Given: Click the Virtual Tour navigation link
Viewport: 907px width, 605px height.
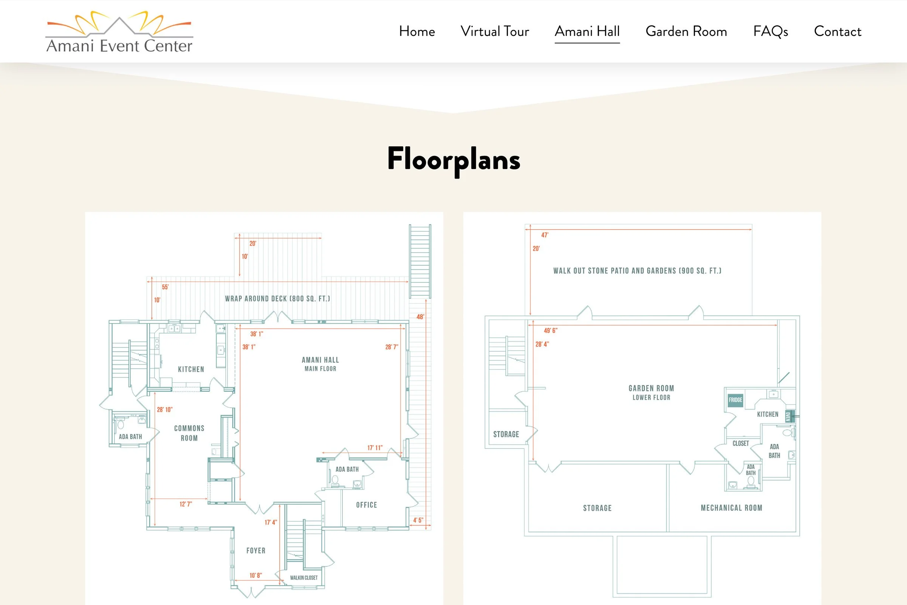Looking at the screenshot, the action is [x=494, y=31].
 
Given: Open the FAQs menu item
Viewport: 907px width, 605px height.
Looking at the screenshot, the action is [x=770, y=31].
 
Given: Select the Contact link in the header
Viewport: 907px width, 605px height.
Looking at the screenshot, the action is [x=837, y=31].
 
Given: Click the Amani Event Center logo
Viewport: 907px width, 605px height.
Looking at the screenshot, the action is [x=119, y=33].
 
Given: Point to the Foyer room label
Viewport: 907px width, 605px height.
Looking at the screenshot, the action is [x=256, y=551].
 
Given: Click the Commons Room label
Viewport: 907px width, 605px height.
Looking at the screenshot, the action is [x=189, y=433].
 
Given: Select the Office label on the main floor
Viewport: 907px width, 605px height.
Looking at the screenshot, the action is [x=366, y=505].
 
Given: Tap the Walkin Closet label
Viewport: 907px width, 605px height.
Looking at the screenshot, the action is [x=304, y=578].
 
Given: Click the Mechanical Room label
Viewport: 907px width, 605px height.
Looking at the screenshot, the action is [x=731, y=508].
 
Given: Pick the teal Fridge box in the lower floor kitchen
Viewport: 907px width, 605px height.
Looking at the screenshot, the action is [x=735, y=400].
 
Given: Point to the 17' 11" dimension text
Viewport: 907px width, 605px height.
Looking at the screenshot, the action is [x=375, y=448].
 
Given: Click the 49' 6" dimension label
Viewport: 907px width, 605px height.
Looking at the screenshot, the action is [x=550, y=330].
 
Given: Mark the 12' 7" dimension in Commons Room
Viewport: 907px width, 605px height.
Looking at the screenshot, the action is [x=186, y=504].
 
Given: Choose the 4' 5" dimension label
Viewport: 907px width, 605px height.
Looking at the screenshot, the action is [x=418, y=520].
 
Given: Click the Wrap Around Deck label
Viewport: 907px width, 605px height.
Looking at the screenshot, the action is [x=277, y=299].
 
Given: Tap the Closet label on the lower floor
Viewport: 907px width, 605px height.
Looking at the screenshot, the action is [x=740, y=443].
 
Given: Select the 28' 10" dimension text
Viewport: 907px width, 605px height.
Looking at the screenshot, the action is [x=165, y=410].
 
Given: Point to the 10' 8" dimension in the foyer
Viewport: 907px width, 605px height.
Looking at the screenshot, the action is [x=255, y=575].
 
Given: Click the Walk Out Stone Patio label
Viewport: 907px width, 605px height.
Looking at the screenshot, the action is [x=637, y=271].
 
